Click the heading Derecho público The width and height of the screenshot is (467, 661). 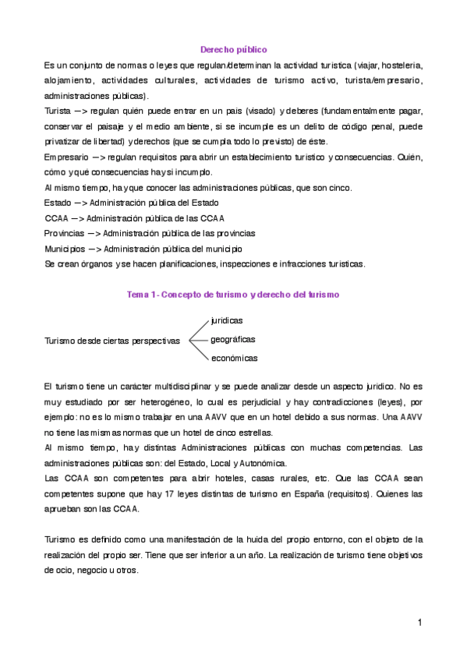234,48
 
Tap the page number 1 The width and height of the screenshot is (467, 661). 419,622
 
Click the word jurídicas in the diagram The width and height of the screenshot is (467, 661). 227,320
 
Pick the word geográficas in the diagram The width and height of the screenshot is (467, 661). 233,339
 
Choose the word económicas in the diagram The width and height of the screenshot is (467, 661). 234,358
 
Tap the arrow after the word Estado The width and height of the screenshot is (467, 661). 80,203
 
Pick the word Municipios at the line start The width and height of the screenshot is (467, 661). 65,249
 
